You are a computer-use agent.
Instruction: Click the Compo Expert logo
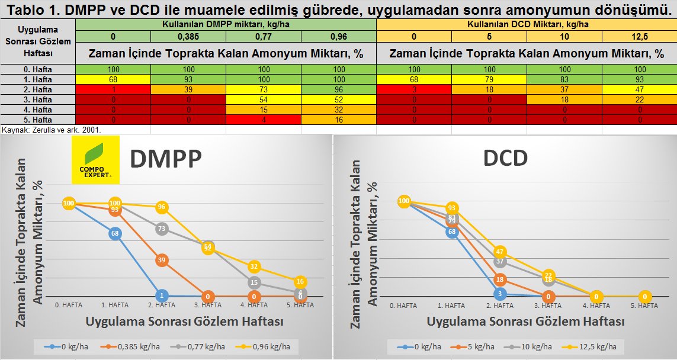(95, 159)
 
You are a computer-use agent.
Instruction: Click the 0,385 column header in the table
(188, 37)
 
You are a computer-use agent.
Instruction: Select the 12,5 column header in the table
(639, 37)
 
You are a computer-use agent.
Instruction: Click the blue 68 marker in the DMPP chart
(115, 233)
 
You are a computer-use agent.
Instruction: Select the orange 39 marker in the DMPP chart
(162, 260)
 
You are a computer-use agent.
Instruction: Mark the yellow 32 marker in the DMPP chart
(255, 267)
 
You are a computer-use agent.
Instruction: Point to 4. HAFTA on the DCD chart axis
(596, 306)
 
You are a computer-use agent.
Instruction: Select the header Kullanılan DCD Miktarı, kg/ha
(526, 24)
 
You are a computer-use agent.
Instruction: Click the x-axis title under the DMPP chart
(184, 322)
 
